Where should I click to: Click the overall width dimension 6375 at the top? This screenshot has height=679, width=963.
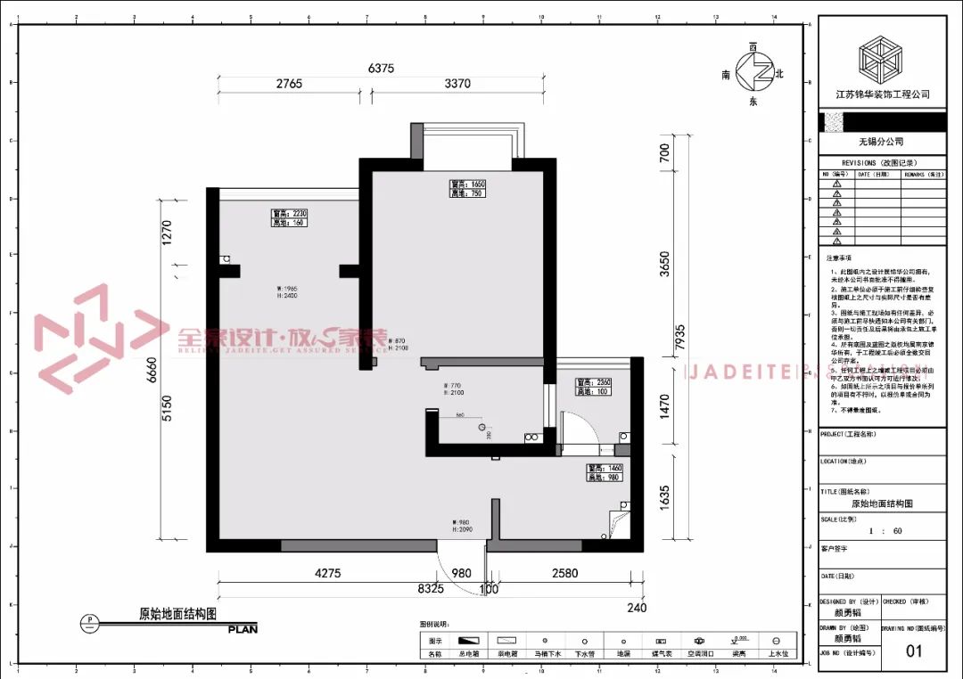(x=381, y=68)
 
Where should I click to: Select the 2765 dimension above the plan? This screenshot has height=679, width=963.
(x=289, y=84)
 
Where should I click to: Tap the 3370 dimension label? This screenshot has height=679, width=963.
(x=457, y=84)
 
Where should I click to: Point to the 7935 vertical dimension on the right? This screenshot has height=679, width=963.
(x=680, y=337)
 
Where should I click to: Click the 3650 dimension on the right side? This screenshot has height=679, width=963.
(x=663, y=265)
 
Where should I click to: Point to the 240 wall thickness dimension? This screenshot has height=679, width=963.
(x=637, y=608)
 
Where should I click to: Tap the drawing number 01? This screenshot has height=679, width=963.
(x=914, y=650)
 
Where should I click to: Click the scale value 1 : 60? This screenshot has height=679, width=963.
(x=882, y=530)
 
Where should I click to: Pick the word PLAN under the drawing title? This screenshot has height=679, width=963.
(x=243, y=629)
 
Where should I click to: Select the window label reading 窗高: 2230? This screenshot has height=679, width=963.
(x=289, y=214)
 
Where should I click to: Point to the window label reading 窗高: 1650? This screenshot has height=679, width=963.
(x=467, y=184)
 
